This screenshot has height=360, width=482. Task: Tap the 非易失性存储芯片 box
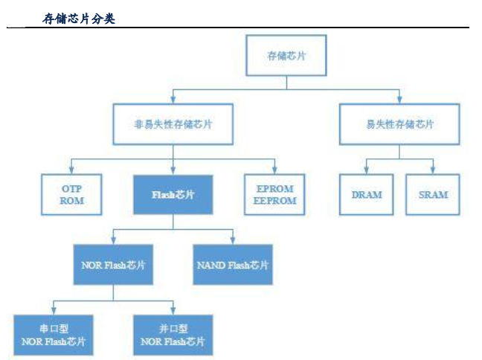tap(173, 124)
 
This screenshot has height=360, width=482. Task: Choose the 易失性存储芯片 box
tap(399, 123)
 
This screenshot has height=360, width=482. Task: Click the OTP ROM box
tap(72, 195)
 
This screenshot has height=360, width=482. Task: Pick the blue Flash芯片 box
tap(173, 195)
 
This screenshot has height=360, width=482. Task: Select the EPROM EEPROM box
tap(274, 195)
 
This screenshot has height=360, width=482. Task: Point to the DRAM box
tap(366, 195)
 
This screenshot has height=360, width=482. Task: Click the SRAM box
tap(433, 195)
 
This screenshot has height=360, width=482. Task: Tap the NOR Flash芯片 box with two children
tap(113, 264)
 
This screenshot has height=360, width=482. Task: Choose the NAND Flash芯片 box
tap(232, 264)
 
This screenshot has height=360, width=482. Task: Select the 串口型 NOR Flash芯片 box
tap(53, 335)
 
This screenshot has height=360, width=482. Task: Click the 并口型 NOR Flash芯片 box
tap(173, 335)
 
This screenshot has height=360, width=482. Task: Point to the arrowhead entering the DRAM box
tap(366, 170)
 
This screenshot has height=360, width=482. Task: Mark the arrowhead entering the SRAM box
tap(433, 170)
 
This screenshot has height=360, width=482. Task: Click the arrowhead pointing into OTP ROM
tap(72, 170)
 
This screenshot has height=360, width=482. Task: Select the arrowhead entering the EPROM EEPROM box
tap(274, 170)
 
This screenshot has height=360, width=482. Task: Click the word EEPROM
tap(274, 201)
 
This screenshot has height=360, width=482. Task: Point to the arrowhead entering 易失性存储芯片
tap(399, 100)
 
